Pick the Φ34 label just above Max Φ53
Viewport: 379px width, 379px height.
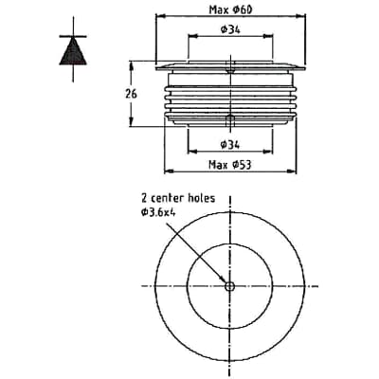coord(228,144)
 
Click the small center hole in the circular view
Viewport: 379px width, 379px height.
coord(229,286)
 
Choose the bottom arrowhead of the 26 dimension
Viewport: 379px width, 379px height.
coord(134,125)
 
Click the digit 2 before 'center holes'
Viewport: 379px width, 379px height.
coord(143,199)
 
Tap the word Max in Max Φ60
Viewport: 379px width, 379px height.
coord(217,9)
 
